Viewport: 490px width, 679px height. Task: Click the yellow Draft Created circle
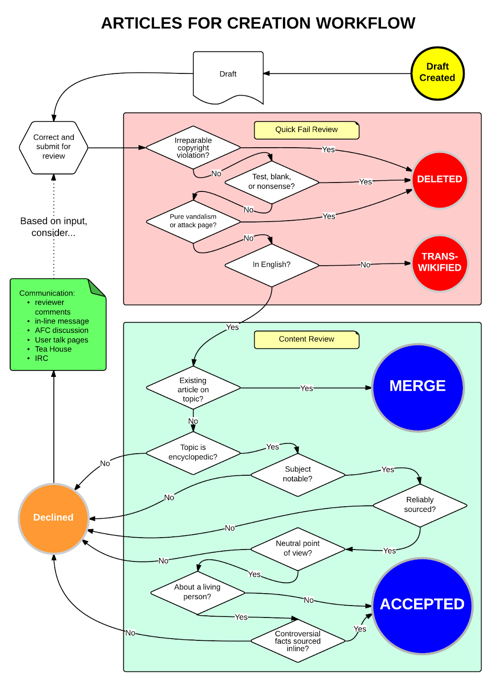tap(437, 73)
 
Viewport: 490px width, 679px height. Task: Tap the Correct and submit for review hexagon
tap(53, 147)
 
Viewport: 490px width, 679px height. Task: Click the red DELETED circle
tap(440, 180)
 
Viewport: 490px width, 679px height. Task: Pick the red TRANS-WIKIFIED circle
tap(440, 263)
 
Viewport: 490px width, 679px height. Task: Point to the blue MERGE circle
tap(417, 387)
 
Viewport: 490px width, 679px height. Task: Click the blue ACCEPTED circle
tap(422, 605)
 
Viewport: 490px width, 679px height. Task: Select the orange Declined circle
tap(53, 518)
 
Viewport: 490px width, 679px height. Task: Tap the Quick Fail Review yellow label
tap(306, 130)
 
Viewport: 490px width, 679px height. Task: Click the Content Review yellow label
tap(306, 339)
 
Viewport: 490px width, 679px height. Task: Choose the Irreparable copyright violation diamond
tap(193, 148)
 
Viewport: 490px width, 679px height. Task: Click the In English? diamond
tap(272, 265)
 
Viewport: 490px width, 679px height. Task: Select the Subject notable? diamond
tap(297, 474)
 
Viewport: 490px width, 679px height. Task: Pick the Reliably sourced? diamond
tap(420, 505)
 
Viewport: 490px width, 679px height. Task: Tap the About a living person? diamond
tap(197, 592)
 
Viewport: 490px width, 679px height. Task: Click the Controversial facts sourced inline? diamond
tap(297, 641)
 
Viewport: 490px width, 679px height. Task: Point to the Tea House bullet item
tap(53, 349)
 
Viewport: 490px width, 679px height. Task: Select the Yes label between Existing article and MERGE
tap(306, 388)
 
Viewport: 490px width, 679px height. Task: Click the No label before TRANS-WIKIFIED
tap(365, 265)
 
